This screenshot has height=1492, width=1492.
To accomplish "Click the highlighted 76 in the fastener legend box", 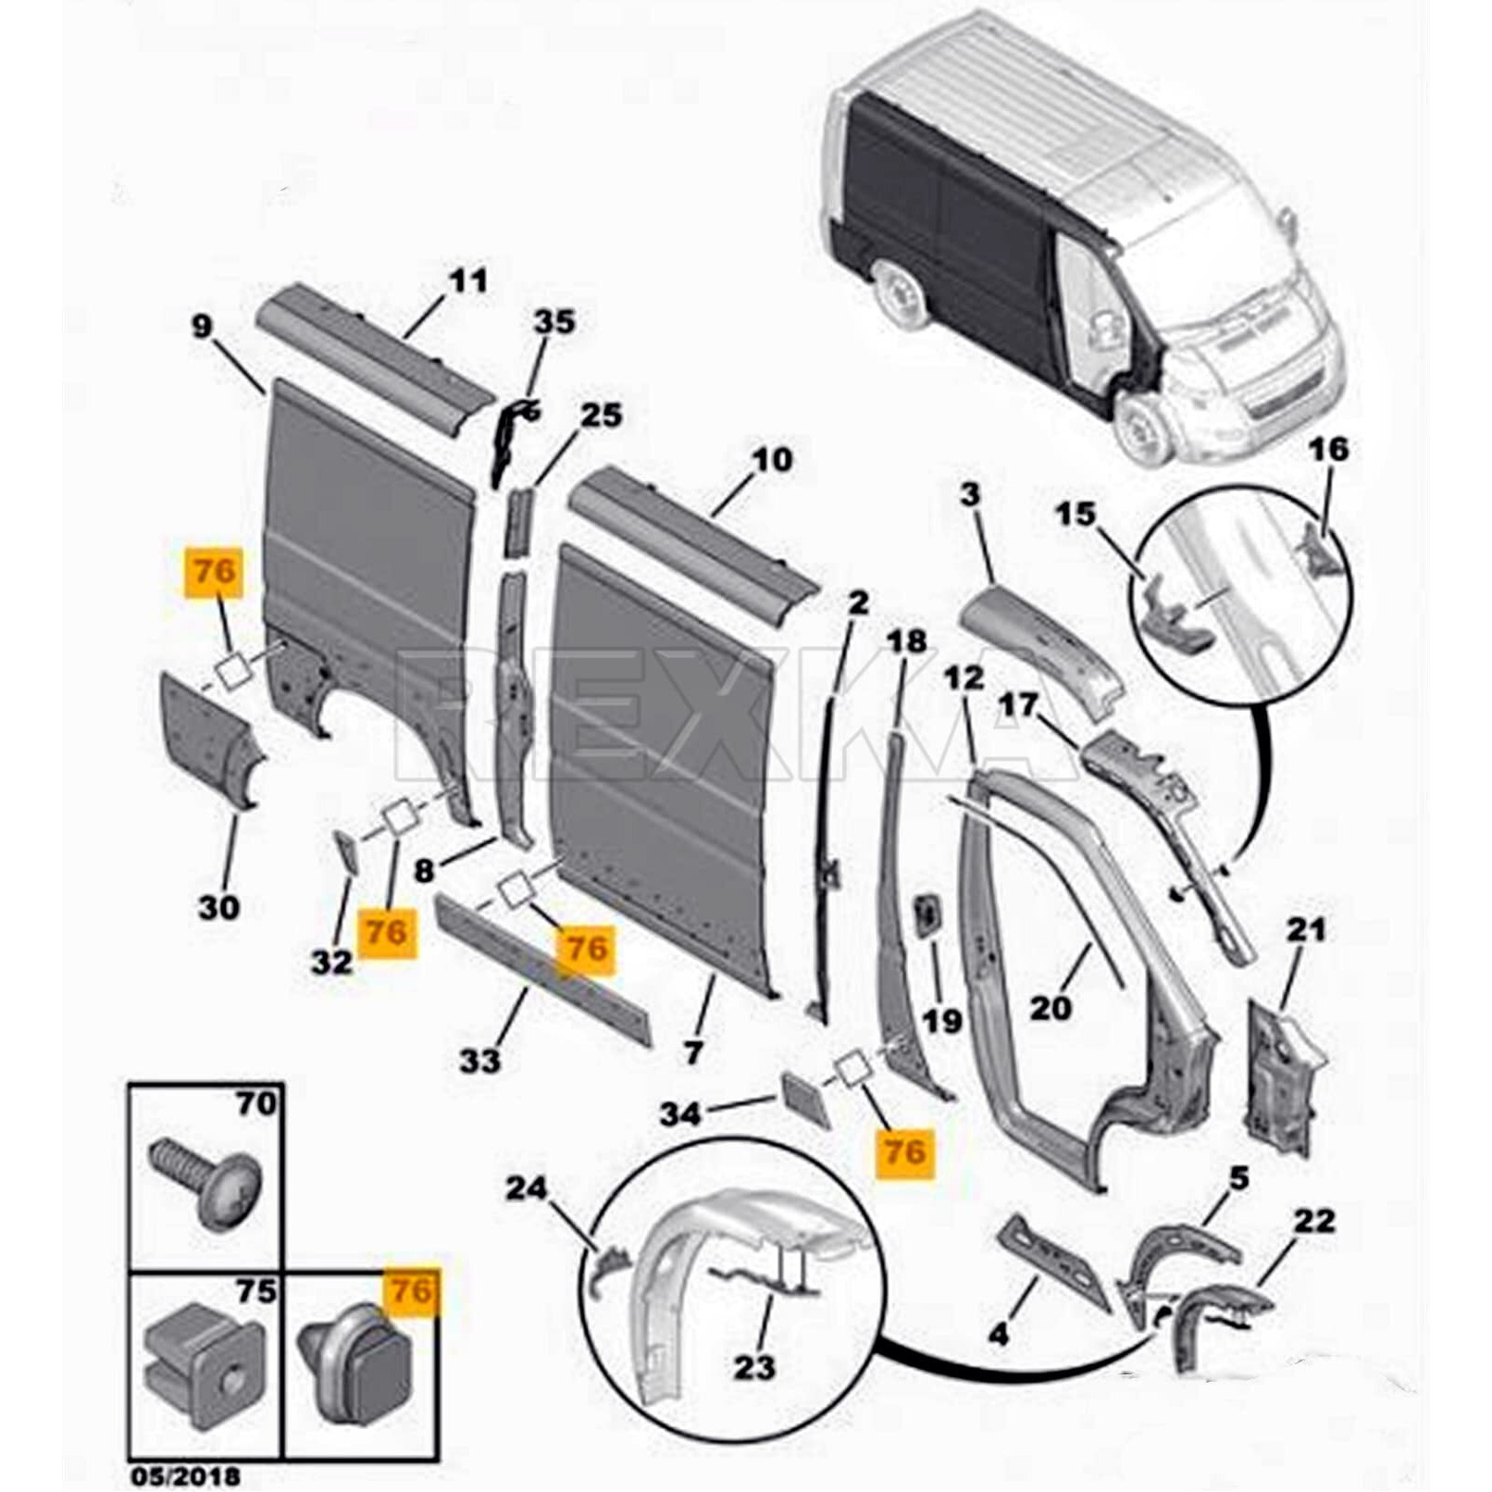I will pos(411,1289).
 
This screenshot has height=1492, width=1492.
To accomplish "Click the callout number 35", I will pos(553,321).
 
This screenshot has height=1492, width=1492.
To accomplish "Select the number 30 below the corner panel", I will pos(218,907).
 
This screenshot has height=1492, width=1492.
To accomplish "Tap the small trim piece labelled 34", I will pos(802,1098).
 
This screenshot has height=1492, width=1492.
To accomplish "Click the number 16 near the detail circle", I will pos(1330,450).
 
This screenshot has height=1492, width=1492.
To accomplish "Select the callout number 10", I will pos(773,459).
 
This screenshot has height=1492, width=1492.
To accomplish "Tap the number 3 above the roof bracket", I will pos(969,495).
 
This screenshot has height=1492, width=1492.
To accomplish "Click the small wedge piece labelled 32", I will pos(345,852).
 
